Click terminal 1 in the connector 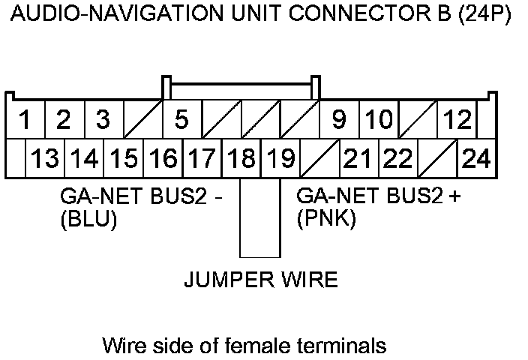click(25, 120)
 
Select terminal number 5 click(181, 120)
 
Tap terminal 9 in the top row click(339, 120)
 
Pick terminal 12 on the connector click(457, 120)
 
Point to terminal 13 click(45, 158)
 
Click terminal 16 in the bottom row click(163, 158)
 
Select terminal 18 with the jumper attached click(241, 158)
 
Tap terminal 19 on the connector click(280, 158)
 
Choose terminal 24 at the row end click(476, 158)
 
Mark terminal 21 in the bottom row click(358, 158)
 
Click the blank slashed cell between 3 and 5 click(142, 120)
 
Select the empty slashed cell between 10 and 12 click(418, 120)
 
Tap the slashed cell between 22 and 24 click(437, 158)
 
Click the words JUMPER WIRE click(260, 280)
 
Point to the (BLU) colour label click(88, 221)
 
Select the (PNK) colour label click(326, 221)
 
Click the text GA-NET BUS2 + click(379, 198)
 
